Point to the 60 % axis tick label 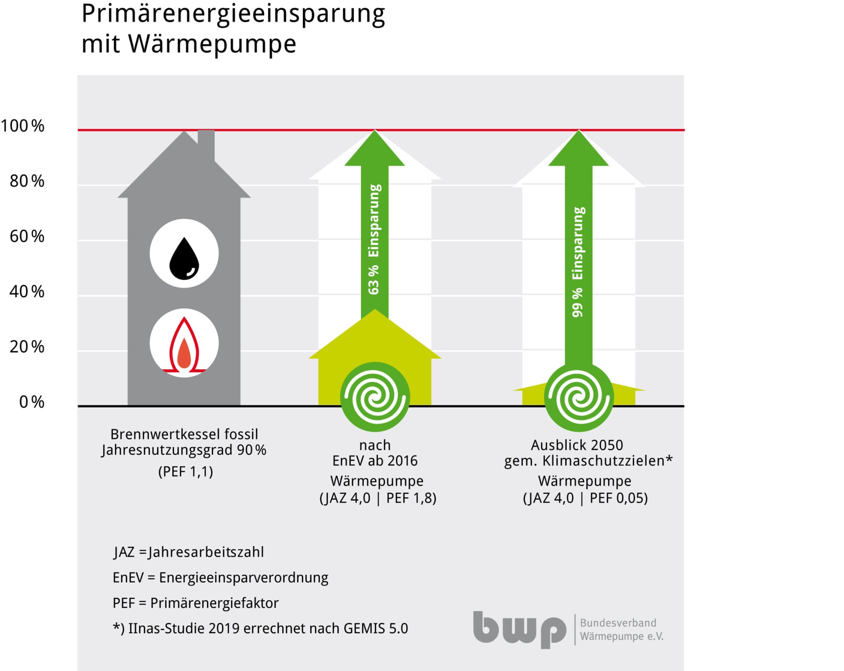(x=27, y=237)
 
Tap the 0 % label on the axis (x=32, y=402)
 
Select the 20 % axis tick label (x=27, y=347)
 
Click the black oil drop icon (x=184, y=259)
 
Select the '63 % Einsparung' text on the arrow (x=374, y=240)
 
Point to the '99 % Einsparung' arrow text (x=578, y=262)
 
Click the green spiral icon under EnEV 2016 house (x=375, y=397)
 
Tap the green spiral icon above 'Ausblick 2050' (x=578, y=397)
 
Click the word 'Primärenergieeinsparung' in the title (x=233, y=15)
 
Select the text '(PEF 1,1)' (x=186, y=472)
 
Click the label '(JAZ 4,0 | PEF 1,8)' (x=378, y=498)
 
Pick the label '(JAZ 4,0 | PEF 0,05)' (x=585, y=498)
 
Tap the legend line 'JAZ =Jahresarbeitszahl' (x=189, y=552)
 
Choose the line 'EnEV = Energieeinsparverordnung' (x=220, y=578)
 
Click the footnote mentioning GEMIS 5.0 (x=260, y=629)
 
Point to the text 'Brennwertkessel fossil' (x=184, y=434)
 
